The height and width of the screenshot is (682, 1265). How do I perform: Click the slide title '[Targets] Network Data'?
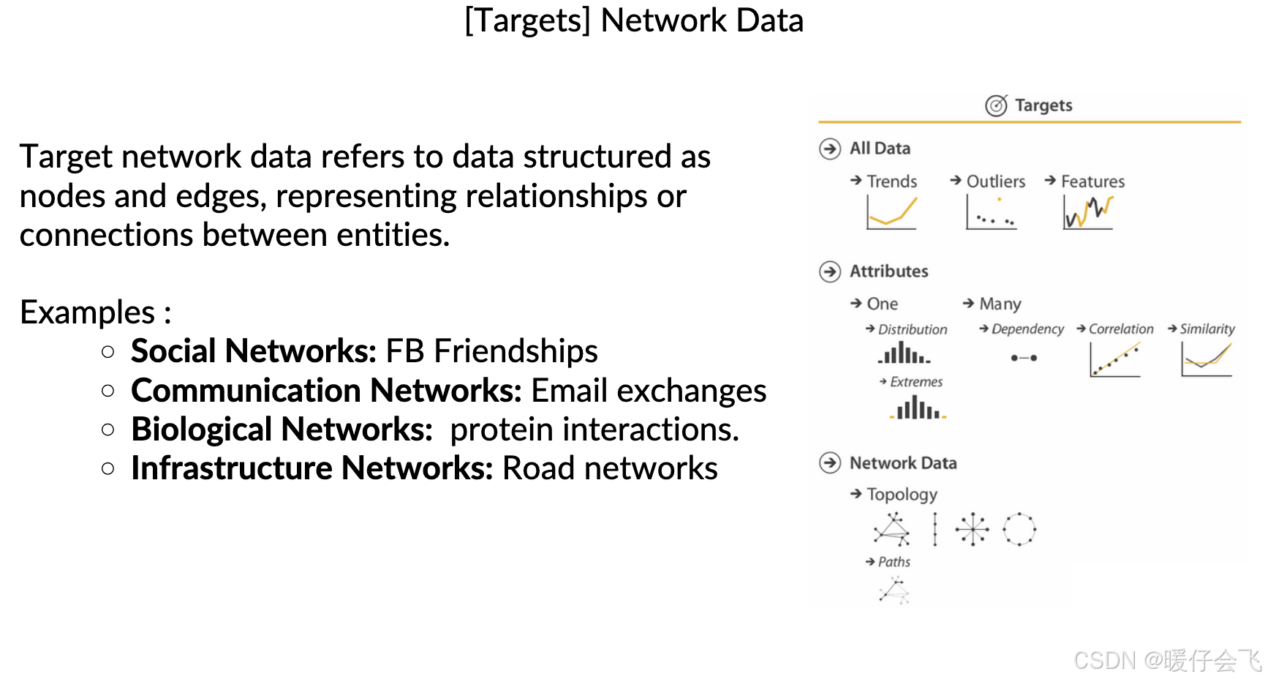(634, 20)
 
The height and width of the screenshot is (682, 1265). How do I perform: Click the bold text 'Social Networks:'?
(253, 351)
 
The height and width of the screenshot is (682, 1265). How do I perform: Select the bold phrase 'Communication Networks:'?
(326, 391)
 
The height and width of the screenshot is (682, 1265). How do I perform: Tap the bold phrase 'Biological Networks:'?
(282, 430)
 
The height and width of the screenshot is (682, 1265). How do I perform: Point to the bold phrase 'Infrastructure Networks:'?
(312, 468)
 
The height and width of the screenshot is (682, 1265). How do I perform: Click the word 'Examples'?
(87, 312)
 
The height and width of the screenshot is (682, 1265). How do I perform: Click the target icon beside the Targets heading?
(996, 105)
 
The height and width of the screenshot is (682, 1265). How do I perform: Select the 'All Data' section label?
(880, 149)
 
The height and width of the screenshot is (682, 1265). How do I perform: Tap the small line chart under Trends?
(891, 213)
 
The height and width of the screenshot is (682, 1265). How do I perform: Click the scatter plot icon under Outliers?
(991, 213)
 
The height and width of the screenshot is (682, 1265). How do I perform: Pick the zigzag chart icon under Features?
(1088, 213)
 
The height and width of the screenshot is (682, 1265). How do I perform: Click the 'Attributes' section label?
(888, 271)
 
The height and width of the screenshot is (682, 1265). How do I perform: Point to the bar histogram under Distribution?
(905, 354)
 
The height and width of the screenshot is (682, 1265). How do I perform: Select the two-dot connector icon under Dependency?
(1024, 358)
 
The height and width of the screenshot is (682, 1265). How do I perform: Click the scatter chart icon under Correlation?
(1115, 359)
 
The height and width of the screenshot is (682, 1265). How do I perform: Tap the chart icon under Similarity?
(1207, 359)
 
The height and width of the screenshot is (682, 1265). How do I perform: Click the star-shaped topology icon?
(973, 529)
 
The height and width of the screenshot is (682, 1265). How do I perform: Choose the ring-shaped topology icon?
(1019, 529)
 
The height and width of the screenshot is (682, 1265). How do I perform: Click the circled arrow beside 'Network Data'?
(830, 463)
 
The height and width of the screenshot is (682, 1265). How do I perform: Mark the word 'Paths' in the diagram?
(894, 562)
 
